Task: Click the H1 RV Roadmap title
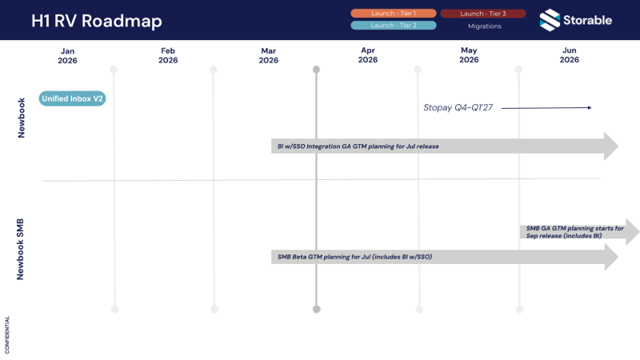point(96,20)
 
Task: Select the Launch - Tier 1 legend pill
point(394,14)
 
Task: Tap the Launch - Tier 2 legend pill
point(394,26)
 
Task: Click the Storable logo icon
point(550,19)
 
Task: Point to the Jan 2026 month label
point(67,55)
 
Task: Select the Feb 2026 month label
point(168,55)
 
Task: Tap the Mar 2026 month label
point(268,55)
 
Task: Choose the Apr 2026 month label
point(368,55)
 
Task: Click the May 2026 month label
point(469,55)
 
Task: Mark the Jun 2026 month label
point(569,55)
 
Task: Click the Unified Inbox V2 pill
point(72,99)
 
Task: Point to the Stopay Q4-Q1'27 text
point(458,107)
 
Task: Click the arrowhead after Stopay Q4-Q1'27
point(589,107)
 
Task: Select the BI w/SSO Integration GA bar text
point(358,146)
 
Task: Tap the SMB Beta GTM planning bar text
point(354,257)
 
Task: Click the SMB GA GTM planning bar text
point(574,232)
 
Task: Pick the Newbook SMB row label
point(22,248)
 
